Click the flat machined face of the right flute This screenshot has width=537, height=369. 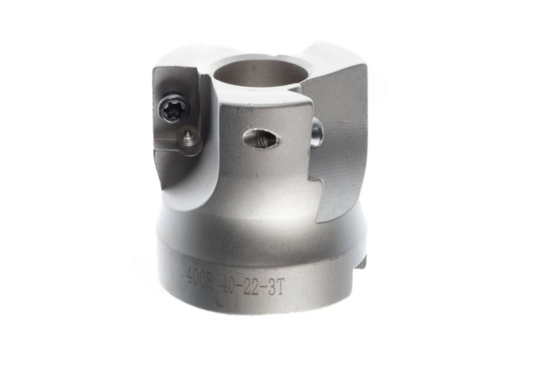pyautogui.click(x=341, y=138)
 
